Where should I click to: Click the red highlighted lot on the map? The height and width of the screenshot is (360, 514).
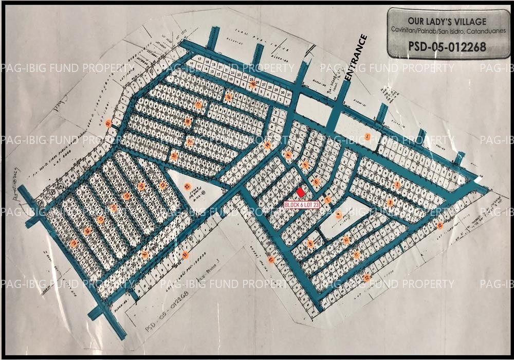pos(301,192)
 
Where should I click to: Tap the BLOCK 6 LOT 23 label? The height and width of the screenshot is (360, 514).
pos(302,204)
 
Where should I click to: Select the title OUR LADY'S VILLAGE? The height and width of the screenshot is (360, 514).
pos(446,21)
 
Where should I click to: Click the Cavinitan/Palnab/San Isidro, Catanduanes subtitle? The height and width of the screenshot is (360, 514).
pos(446,31)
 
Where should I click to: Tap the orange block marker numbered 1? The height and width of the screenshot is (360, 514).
pos(368,136)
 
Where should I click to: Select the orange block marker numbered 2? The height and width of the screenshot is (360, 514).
pos(397,185)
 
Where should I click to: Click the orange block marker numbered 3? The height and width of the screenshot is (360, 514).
pos(390,203)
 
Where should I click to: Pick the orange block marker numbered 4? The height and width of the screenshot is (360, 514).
pos(289,155)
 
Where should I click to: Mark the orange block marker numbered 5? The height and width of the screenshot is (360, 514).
pos(305,165)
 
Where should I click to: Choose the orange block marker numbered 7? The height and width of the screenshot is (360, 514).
pos(327,200)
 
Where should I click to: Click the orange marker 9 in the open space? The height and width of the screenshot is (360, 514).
pos(338,215)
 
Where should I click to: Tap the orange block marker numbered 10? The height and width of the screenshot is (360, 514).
pos(346,240)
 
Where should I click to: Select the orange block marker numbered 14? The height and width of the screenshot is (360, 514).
pos(268,146)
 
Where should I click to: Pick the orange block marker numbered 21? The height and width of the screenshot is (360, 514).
pos(108,123)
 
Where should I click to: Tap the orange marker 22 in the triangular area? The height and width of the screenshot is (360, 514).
pos(187,186)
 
